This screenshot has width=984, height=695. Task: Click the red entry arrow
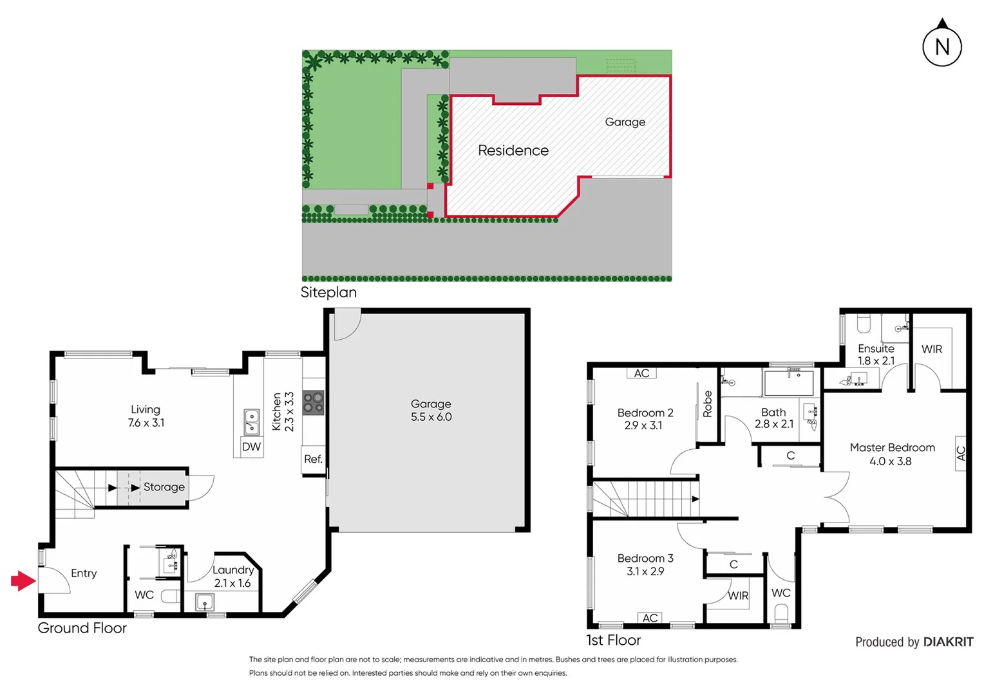click(x=23, y=581)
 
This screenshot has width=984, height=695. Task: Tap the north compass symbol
click(x=942, y=46)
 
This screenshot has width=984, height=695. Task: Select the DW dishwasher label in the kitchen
click(x=251, y=447)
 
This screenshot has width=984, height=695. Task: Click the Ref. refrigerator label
click(x=313, y=459)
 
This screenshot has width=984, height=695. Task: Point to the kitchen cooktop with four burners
click(x=314, y=403)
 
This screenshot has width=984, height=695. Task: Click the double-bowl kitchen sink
click(x=251, y=422)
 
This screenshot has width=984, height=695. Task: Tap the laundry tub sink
click(x=204, y=603)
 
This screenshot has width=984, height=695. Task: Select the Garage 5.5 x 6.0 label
click(x=431, y=410)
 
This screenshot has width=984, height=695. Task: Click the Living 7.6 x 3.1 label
click(x=146, y=416)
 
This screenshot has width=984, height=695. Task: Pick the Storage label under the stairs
click(x=164, y=487)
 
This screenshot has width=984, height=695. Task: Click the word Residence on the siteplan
click(x=513, y=151)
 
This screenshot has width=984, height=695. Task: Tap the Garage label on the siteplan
click(x=625, y=122)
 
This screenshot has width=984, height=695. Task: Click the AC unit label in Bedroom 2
click(x=641, y=373)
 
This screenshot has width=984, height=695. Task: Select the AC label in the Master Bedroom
click(x=960, y=454)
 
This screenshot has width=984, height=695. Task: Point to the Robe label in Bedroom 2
click(x=708, y=404)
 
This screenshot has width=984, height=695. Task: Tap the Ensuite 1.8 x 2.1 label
click(x=876, y=355)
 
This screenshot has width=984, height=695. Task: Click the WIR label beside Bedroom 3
click(x=738, y=596)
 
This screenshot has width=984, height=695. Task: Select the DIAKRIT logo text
click(x=948, y=642)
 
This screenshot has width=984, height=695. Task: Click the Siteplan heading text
click(x=328, y=292)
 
